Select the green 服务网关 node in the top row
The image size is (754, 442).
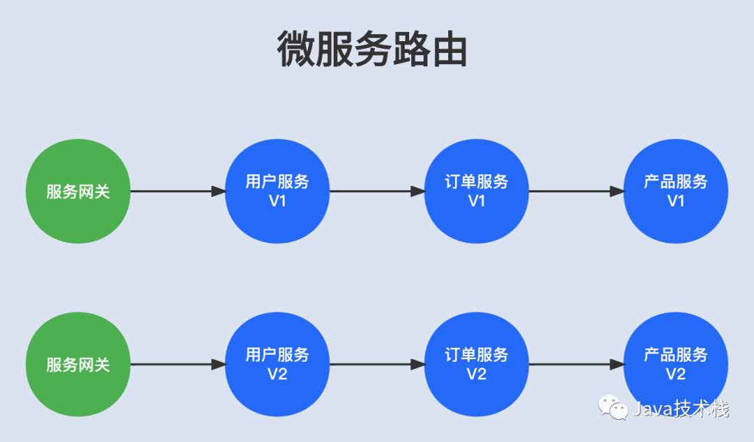78,191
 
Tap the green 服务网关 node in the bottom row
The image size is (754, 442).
78,364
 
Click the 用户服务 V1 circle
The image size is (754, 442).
277,191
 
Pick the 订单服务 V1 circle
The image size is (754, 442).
477,191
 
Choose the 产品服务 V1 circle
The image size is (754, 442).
676,191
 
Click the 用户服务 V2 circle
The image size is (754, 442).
277,364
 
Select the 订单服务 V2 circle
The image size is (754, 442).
477,364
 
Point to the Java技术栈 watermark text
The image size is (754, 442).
681,409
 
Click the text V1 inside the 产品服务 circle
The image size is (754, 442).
676,201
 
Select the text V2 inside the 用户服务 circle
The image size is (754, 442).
277,374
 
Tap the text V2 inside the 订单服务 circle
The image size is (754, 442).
477,374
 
